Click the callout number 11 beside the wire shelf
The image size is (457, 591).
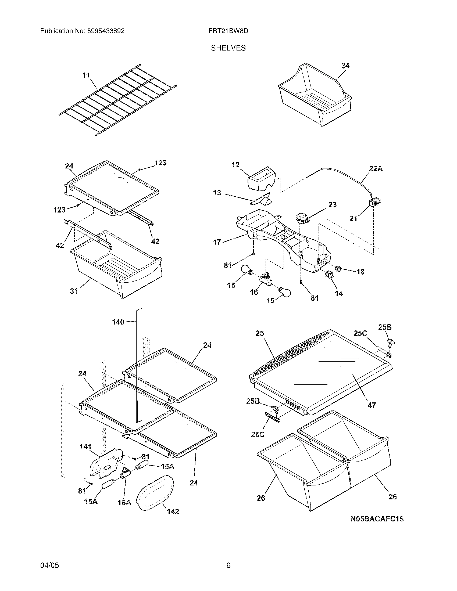[x=86, y=75]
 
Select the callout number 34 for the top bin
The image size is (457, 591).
[x=345, y=66]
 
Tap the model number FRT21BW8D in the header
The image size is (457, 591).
[x=228, y=31]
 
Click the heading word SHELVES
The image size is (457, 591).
[x=228, y=48]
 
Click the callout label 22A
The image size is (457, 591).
[x=376, y=169]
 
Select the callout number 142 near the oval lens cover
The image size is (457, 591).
[x=173, y=511]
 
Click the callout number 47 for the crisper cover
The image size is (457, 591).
[x=372, y=412]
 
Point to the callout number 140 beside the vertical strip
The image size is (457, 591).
[x=118, y=322]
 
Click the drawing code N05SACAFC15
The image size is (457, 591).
[x=377, y=519]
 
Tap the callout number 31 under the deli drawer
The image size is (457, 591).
[x=74, y=291]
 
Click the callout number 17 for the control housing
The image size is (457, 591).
[x=217, y=242]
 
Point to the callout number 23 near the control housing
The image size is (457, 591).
[x=332, y=205]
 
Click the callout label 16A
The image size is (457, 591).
[x=124, y=503]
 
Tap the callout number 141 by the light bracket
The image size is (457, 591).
[x=85, y=447]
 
